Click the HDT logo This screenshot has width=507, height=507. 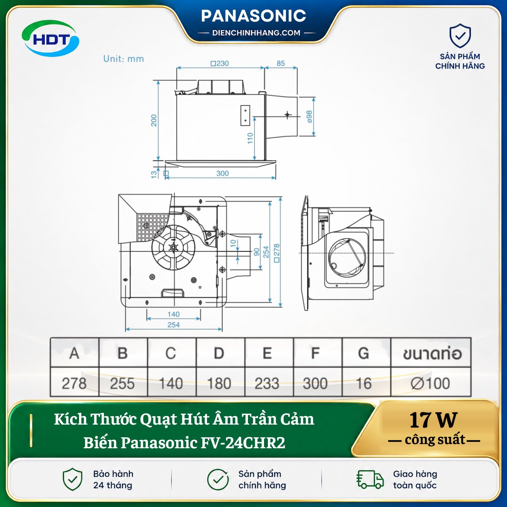click(x=50, y=39)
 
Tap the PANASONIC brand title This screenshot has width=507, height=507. click(x=253, y=16)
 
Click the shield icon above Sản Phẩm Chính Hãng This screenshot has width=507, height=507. click(x=460, y=36)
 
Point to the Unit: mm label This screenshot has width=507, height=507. click(x=124, y=59)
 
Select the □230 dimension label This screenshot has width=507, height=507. click(x=220, y=63)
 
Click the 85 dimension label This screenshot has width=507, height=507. click(x=281, y=63)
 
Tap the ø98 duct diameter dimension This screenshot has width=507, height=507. click(x=309, y=117)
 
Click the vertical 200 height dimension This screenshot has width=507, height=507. click(x=154, y=120)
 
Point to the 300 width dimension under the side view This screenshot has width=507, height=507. click(x=222, y=173)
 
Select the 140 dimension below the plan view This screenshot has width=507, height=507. click(x=173, y=314)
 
